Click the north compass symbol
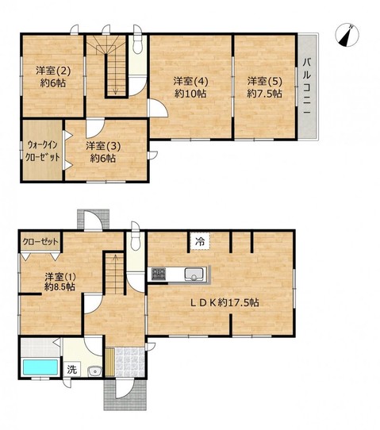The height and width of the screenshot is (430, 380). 347,35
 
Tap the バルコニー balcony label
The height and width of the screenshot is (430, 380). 307,86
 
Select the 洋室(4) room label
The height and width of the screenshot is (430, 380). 190,81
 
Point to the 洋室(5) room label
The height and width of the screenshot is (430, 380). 265,81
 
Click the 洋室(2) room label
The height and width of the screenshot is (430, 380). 53,71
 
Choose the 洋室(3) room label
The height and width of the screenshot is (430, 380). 103,146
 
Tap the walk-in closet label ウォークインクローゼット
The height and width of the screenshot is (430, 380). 42,151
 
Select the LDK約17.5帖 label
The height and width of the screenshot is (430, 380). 225,302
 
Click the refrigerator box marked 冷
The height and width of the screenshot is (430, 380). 200,241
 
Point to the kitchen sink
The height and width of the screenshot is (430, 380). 194,274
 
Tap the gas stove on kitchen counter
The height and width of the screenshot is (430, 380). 159,274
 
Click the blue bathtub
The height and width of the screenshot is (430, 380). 40,367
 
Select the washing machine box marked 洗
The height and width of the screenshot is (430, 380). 72,370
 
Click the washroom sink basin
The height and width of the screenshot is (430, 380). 95,371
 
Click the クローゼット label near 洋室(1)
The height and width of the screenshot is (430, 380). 40,242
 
